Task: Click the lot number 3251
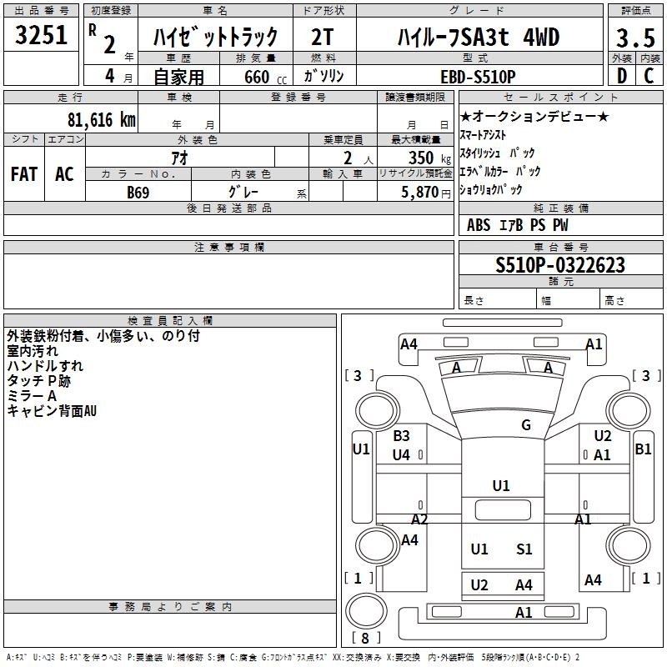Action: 41,35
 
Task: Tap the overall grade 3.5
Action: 635,38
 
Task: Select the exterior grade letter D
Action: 621,76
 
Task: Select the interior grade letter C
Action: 649,76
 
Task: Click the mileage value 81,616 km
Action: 101,119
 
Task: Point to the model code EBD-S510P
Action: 478,77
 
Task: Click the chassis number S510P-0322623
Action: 560,265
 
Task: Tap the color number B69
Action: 138,193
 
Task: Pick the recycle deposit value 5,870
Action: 419,192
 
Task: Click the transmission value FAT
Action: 24,174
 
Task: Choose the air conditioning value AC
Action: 64,174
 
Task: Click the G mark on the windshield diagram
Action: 526,424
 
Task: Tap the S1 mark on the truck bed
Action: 524,549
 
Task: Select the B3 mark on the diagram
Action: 401,435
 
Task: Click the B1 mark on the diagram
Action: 643,449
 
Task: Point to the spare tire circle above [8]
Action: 366,610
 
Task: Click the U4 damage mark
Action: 401,454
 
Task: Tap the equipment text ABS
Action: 479,225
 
